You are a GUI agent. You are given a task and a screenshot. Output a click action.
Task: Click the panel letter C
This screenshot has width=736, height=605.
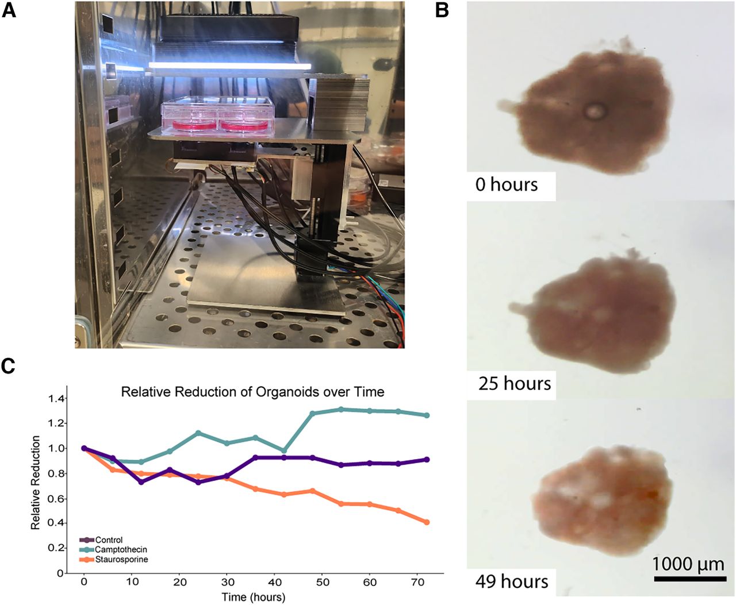click(9, 367)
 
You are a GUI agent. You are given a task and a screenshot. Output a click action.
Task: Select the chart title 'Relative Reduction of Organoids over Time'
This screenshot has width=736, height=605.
click(252, 392)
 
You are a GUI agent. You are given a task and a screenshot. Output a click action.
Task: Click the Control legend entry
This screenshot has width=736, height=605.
click(109, 540)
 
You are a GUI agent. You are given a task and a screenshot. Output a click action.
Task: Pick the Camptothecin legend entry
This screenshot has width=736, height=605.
click(121, 550)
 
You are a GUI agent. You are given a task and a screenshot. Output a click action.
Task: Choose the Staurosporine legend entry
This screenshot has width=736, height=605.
click(121, 559)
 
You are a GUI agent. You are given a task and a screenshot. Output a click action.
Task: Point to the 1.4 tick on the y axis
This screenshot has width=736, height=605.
click(57, 399)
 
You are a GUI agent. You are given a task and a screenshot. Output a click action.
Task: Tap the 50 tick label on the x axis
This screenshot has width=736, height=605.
click(323, 583)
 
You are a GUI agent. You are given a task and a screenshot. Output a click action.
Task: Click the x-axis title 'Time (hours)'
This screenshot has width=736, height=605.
click(254, 598)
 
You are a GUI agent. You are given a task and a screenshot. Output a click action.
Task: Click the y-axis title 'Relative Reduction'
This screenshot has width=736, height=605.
click(36, 483)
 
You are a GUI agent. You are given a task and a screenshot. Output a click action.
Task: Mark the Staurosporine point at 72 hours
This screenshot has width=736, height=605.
click(427, 522)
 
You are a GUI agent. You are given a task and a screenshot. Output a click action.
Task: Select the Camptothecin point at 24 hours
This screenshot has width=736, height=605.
click(198, 433)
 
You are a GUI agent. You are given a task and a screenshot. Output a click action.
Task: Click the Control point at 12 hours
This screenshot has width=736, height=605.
click(141, 481)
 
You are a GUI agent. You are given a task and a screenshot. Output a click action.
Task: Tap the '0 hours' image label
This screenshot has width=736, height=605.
click(507, 185)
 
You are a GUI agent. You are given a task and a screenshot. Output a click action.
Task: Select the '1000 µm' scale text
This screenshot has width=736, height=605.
click(688, 564)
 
